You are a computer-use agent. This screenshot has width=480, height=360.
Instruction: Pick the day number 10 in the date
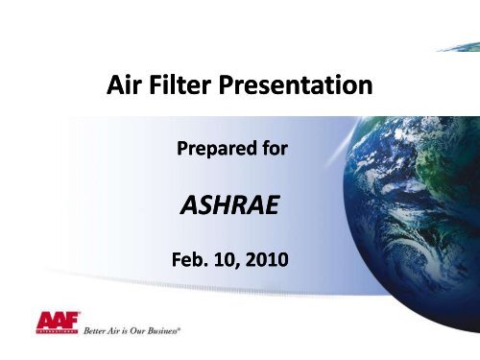[233, 259]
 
